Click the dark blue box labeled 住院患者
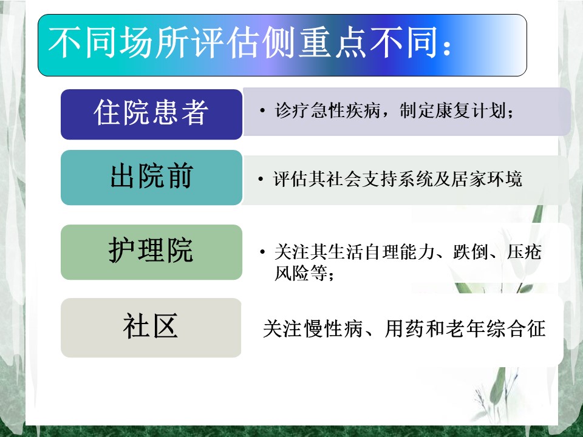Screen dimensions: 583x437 pos(151,114)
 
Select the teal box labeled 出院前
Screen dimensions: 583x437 pos(151,177)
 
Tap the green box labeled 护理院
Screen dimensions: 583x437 pos(151,252)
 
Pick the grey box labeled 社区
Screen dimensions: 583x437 pos(151,327)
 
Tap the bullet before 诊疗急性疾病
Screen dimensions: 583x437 pos(262,110)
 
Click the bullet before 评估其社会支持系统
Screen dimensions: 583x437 pos(261,180)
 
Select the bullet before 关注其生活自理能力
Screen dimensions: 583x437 pos(262,252)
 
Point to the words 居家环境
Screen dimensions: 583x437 pos(486,179)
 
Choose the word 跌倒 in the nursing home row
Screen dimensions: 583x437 pos(470,251)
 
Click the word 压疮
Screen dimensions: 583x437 pos(524,251)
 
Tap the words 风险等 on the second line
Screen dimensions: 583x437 pos(301,273)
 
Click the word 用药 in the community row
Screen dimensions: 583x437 pos(404,328)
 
